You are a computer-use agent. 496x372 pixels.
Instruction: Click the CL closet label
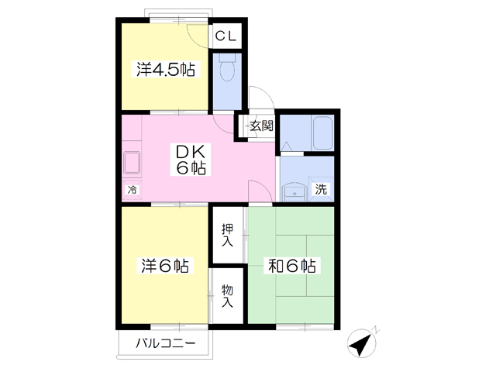coord(226,36)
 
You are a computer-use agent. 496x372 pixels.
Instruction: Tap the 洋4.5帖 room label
coord(166,69)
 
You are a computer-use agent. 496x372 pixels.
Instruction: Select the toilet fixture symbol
coord(227,67)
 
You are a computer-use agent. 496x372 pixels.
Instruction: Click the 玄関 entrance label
coord(261,126)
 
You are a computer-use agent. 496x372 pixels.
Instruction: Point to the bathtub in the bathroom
coord(322,133)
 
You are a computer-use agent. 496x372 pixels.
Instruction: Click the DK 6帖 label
coord(191,159)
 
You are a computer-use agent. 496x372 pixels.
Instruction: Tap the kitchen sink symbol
coord(132,163)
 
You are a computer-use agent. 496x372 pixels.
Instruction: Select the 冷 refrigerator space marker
coord(133,190)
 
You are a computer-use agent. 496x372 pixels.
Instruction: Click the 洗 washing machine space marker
coord(321,189)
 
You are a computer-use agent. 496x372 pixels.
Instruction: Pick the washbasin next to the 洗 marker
coord(294,193)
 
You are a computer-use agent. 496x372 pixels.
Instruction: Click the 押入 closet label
coord(227,235)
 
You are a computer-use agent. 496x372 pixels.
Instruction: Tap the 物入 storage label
coord(227,296)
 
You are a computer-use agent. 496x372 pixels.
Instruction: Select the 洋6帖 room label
coord(165,265)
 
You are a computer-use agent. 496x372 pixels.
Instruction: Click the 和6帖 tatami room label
coord(291,265)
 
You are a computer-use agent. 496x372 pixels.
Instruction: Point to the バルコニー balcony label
coord(166,343)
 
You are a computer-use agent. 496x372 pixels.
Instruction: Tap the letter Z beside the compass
coord(376,329)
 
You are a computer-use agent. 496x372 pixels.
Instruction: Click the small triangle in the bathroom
coord(287,146)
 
